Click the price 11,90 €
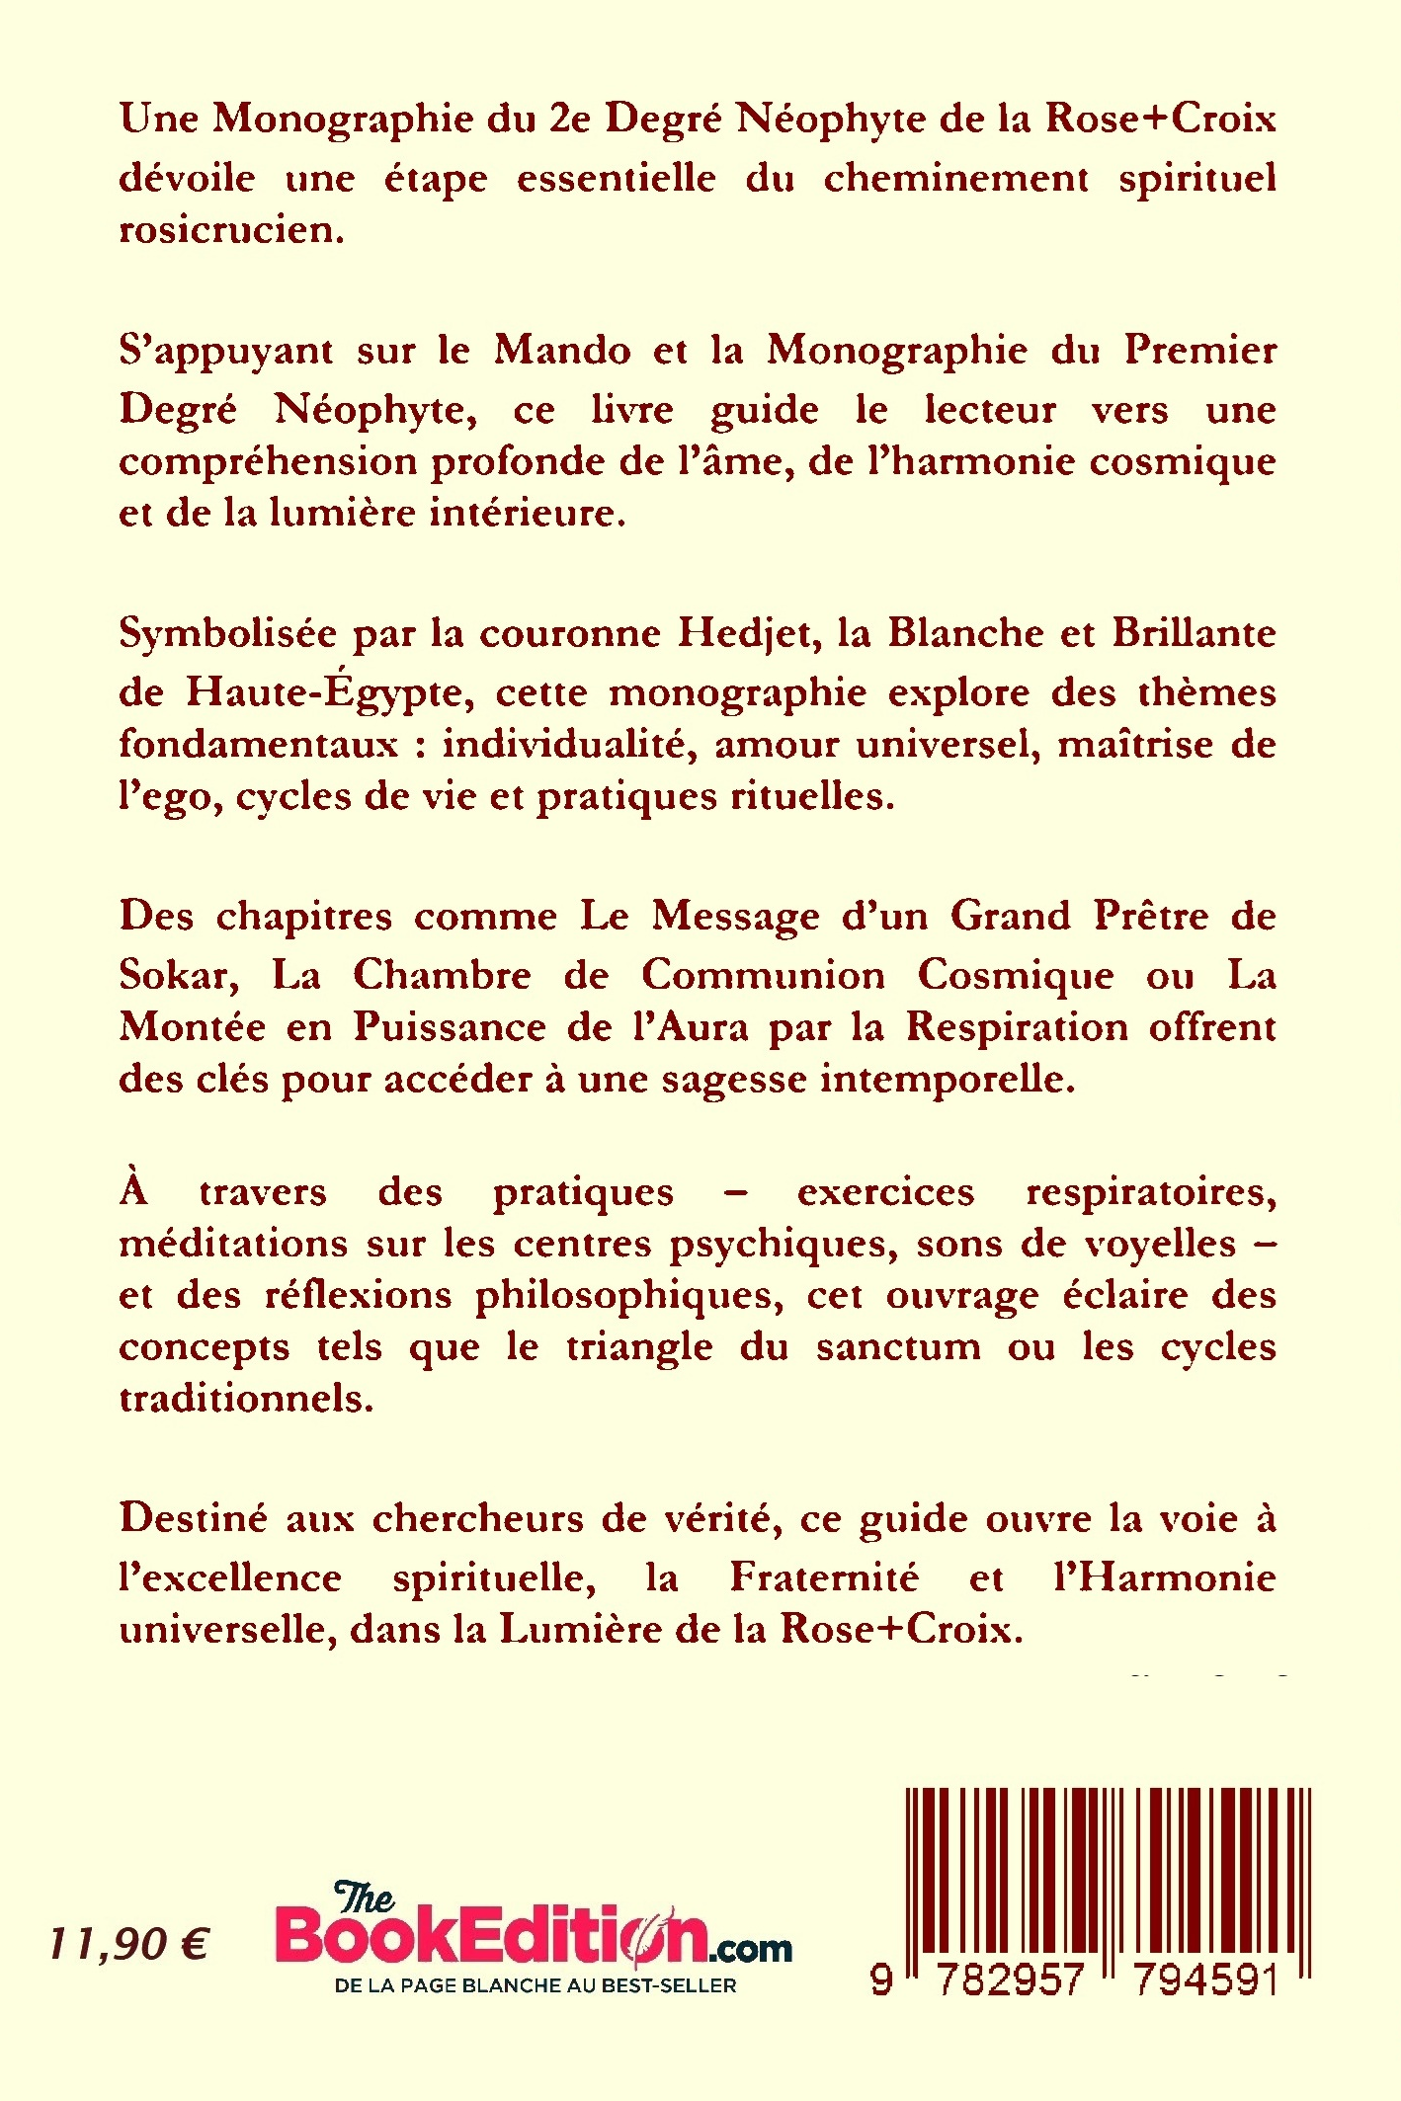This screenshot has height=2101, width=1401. (128, 1944)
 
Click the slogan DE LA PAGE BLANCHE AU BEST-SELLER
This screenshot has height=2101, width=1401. (536, 1985)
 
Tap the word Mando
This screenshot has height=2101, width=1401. (562, 350)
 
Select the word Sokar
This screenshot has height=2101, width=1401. (179, 976)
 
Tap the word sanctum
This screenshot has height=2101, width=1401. (898, 1346)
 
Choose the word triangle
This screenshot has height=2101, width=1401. (639, 1347)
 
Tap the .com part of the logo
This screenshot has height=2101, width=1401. (750, 1947)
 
